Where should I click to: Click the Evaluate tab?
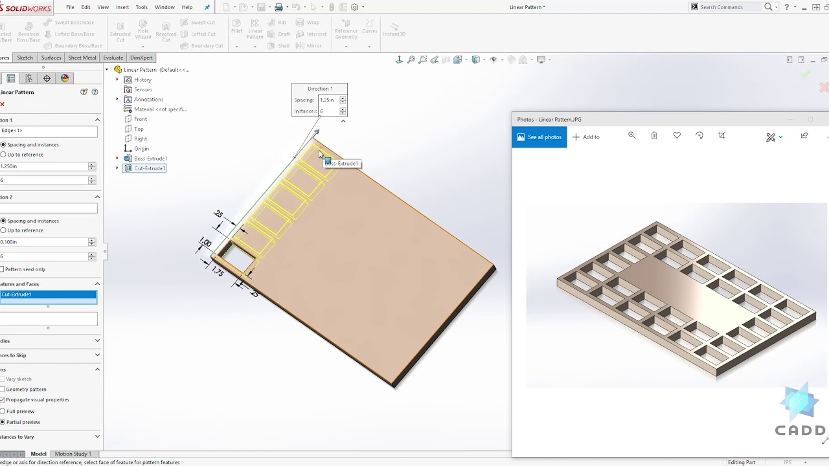pyautogui.click(x=113, y=58)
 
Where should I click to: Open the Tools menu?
pyautogui.click(x=141, y=7)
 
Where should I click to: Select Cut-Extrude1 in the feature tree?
pyautogui.click(x=150, y=168)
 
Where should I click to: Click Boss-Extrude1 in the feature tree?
pyautogui.click(x=150, y=159)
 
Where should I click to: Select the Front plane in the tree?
pyautogui.click(x=141, y=119)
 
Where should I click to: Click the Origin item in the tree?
pyautogui.click(x=141, y=149)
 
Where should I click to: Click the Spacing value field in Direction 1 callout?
pyautogui.click(x=328, y=100)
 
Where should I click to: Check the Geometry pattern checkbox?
pyautogui.click(x=3, y=390)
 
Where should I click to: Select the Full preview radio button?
pyautogui.click(x=3, y=412)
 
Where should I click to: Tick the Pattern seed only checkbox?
pyautogui.click(x=3, y=269)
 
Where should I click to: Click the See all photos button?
pyautogui.click(x=539, y=137)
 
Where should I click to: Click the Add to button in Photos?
pyautogui.click(x=586, y=137)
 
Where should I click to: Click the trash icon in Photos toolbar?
pyautogui.click(x=654, y=136)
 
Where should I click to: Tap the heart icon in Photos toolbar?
pyautogui.click(x=677, y=136)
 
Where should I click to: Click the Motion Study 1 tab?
pyautogui.click(x=73, y=454)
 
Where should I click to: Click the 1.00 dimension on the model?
pyautogui.click(x=205, y=243)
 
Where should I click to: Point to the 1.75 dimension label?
pyautogui.click(x=218, y=272)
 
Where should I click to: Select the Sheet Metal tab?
pyautogui.click(x=82, y=58)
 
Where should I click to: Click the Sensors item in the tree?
pyautogui.click(x=143, y=90)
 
